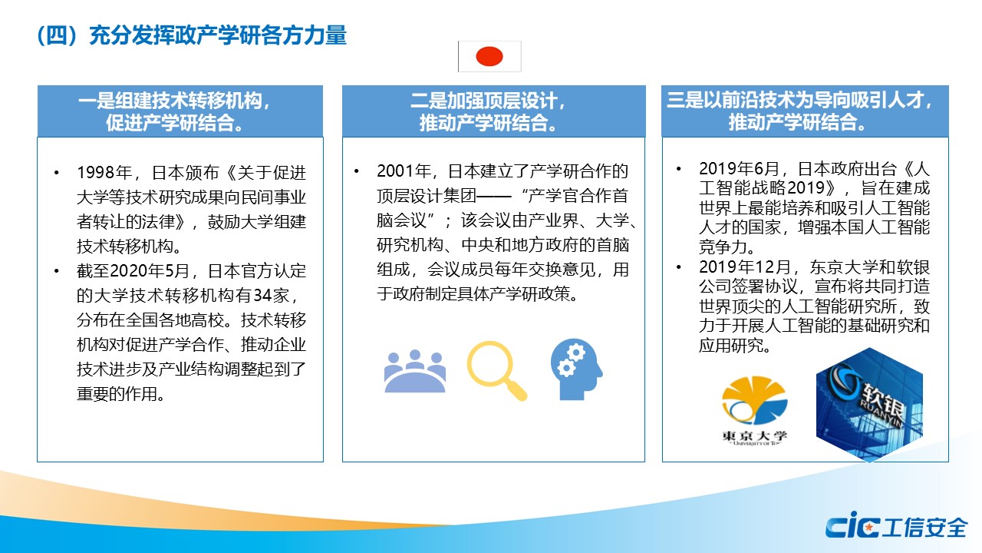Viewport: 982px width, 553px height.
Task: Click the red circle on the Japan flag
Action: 489,56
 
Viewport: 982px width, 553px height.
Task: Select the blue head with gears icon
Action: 576,369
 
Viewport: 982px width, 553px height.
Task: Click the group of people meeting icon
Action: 415,371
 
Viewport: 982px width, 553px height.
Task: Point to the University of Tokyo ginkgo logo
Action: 754,410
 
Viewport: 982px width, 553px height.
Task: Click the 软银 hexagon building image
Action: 869,404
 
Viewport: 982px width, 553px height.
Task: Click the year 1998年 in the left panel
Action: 105,173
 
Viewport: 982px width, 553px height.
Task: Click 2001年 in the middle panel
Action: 404,171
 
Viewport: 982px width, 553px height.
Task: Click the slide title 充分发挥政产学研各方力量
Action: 218,35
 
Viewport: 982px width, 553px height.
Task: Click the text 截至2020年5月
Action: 133,271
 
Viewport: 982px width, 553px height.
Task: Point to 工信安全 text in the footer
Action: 924,527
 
